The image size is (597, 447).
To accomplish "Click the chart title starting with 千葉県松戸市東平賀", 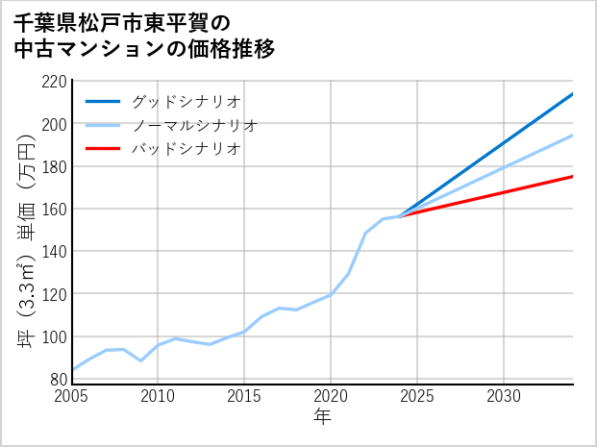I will (x=144, y=35).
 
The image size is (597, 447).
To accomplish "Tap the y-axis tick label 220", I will (x=54, y=82).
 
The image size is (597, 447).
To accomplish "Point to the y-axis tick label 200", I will (x=54, y=124).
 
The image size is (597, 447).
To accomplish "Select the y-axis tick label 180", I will (x=54, y=166).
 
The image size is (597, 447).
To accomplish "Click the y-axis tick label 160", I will (x=54, y=209).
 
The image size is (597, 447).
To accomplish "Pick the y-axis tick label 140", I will (x=54, y=251).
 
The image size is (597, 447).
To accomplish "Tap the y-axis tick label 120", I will (x=54, y=293).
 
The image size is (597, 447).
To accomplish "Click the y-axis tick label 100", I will (x=54, y=336).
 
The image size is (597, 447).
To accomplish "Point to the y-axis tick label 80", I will (x=58, y=379).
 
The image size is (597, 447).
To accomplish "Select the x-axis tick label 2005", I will (x=72, y=396).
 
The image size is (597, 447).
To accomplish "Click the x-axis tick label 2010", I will (x=158, y=396).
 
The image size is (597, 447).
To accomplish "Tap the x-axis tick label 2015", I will (x=244, y=396).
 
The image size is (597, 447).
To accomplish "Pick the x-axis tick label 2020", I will (x=331, y=396).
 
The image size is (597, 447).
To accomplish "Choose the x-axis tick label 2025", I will (x=417, y=396).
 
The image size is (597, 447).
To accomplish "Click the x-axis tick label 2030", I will (x=504, y=396).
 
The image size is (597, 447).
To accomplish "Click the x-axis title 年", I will (x=322, y=416).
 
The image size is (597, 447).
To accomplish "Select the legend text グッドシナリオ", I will (x=186, y=101).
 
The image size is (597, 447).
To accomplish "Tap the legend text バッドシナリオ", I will (x=186, y=149).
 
